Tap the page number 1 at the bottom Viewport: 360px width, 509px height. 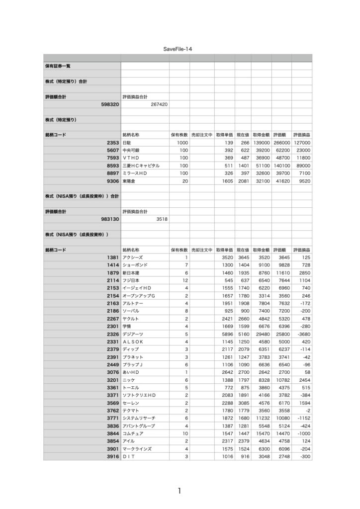(x=179, y=491)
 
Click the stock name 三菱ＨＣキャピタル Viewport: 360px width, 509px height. (x=141, y=166)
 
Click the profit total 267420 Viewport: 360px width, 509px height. (x=157, y=105)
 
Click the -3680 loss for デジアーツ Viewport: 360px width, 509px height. (x=302, y=334)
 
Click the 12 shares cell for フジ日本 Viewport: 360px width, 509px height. (x=184, y=280)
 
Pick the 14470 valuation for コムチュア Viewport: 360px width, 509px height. (x=281, y=433)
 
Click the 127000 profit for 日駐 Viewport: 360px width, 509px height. (x=302, y=142)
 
